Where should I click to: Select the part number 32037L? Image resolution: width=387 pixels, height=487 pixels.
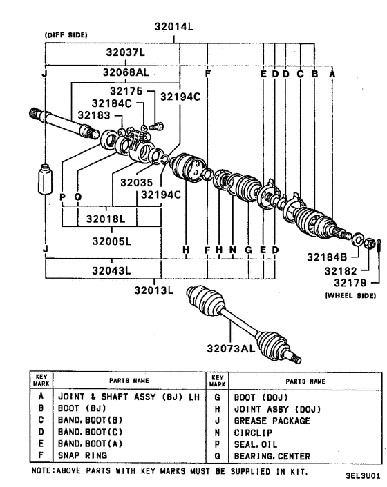click(x=125, y=52)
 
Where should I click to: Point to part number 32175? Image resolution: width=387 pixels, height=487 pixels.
click(x=126, y=91)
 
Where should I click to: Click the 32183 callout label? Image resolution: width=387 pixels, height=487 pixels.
click(x=93, y=115)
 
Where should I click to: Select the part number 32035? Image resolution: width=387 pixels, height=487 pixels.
click(x=134, y=183)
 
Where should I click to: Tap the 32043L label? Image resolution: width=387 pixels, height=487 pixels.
click(x=109, y=268)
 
